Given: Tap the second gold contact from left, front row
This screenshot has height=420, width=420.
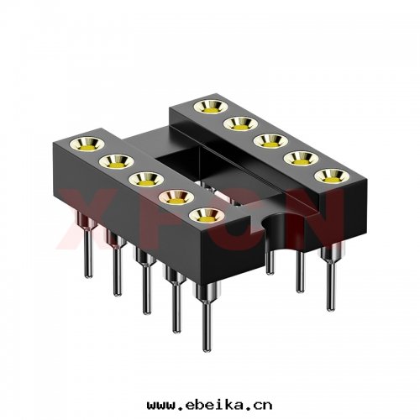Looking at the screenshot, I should coord(116,159).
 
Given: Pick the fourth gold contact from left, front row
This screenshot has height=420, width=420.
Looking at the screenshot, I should coord(175,198).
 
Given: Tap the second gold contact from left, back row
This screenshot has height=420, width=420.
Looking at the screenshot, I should coord(236,123).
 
